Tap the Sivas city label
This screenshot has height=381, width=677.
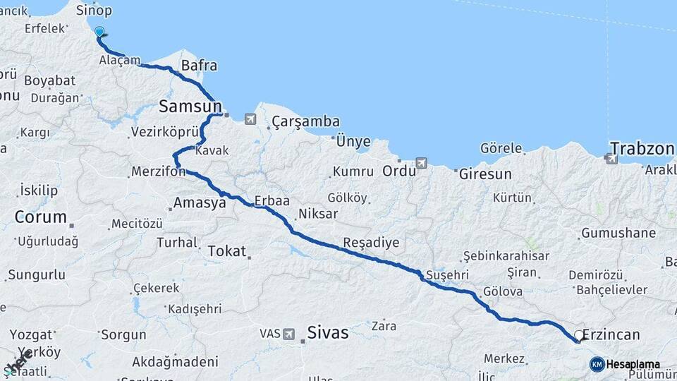(328, 332)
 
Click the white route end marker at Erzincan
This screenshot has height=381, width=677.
(579, 336)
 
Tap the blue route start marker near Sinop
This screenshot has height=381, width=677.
(99, 32)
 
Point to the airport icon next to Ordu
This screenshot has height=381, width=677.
(422, 163)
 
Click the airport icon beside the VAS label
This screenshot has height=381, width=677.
(289, 334)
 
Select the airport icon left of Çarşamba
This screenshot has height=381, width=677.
(250, 119)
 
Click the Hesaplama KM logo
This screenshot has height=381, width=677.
(625, 364)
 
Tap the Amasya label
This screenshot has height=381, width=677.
(200, 203)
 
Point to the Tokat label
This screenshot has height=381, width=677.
(226, 250)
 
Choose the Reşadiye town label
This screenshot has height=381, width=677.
(371, 243)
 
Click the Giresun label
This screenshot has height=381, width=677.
(484, 173)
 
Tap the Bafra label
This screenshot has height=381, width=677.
(199, 66)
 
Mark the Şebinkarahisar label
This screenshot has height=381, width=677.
(506, 255)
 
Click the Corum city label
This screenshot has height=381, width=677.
(41, 217)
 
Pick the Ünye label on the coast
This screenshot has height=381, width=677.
(353, 141)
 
